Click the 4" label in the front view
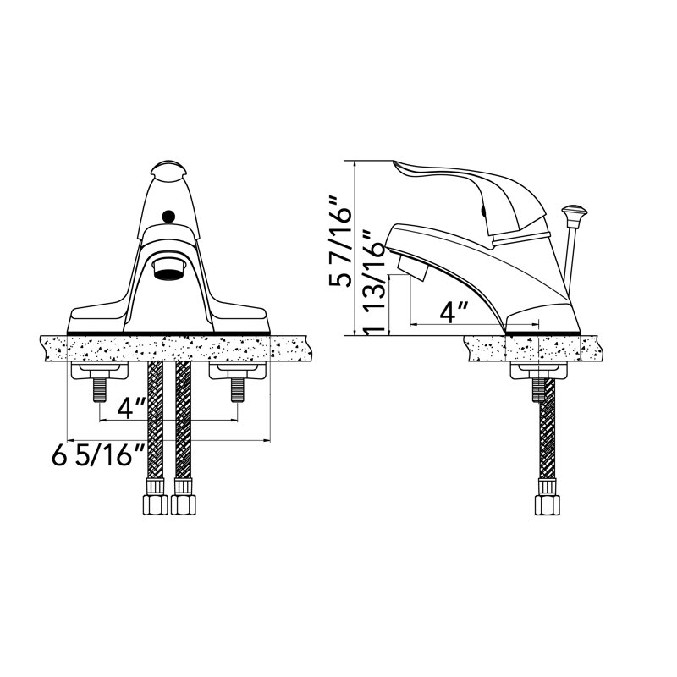coord(125,409)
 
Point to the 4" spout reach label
coord(454,312)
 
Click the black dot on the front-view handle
coord(168,217)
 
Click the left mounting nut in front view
coord(100,372)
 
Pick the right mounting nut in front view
coord(237,372)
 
